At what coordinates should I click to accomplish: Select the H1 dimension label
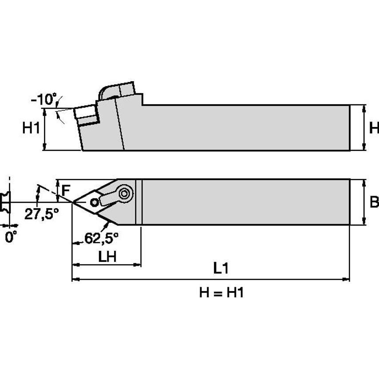[32, 129]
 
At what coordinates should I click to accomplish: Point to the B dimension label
[374, 202]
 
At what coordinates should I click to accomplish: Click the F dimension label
[65, 191]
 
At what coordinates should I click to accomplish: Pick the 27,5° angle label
[41, 214]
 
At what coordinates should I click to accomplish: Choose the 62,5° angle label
[102, 238]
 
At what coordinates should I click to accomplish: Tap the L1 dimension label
[221, 268]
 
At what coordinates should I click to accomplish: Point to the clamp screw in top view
[125, 193]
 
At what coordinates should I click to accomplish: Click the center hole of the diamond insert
[95, 202]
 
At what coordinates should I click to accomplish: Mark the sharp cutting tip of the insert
[73, 202]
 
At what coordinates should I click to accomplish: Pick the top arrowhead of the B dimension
[364, 182]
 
